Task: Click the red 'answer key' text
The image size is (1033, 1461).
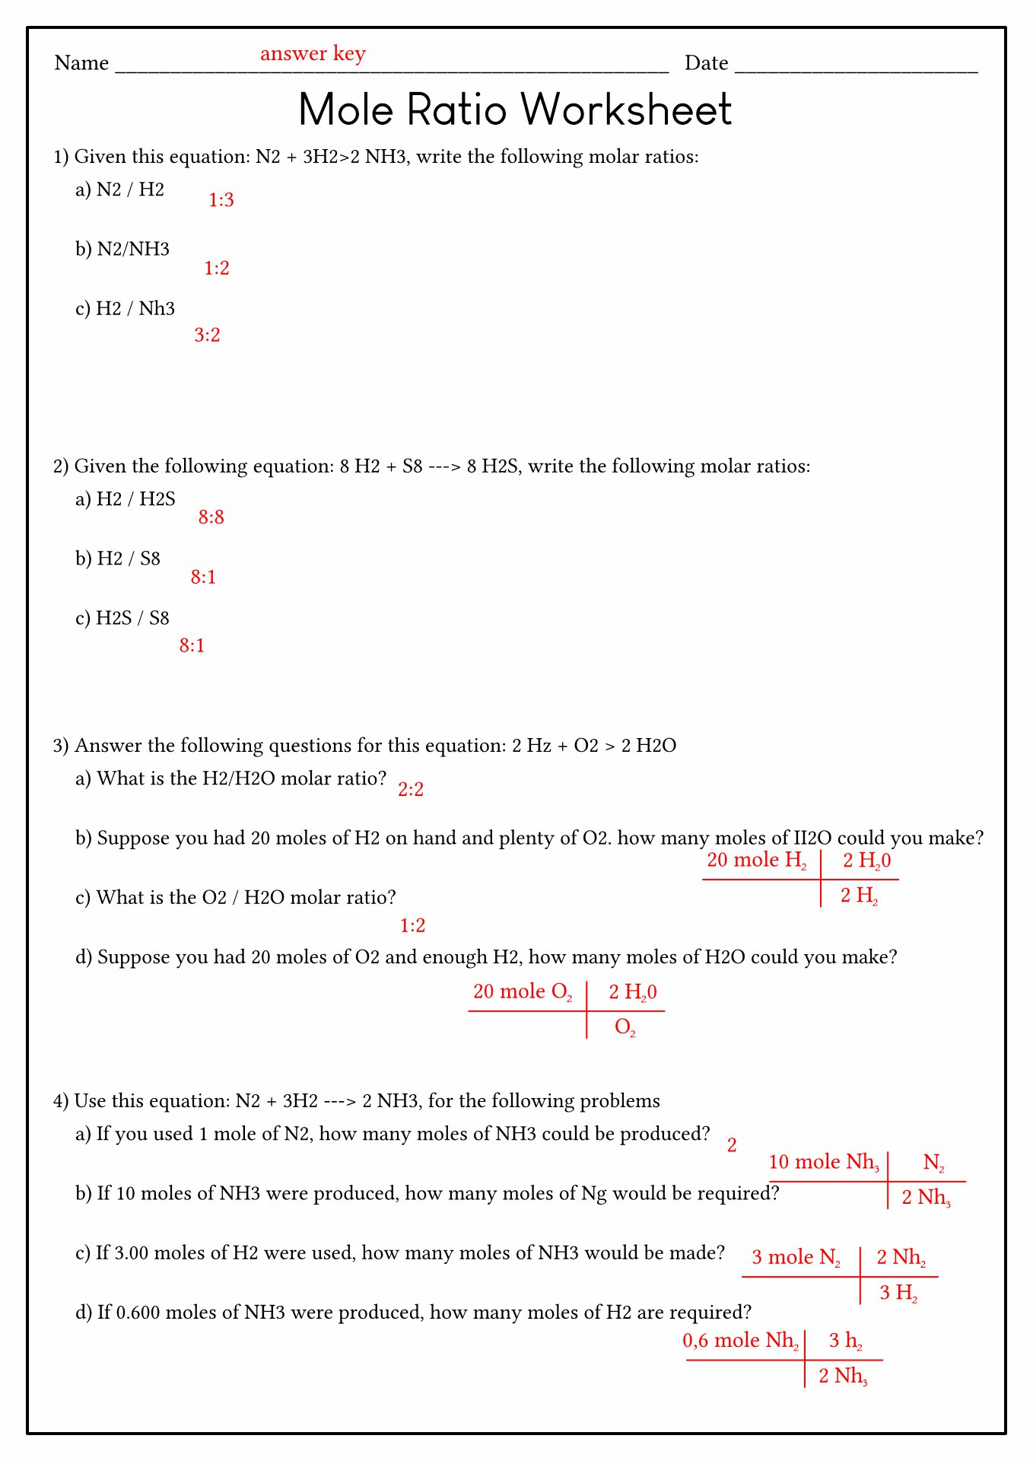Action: click(x=313, y=54)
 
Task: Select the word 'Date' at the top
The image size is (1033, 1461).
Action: click(x=706, y=63)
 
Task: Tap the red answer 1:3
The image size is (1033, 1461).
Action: click(x=221, y=200)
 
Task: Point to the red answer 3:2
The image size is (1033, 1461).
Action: click(x=207, y=336)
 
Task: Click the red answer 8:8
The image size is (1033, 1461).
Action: click(x=211, y=517)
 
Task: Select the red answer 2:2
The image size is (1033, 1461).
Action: click(x=411, y=790)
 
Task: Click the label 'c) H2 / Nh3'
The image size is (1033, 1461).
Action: click(x=125, y=309)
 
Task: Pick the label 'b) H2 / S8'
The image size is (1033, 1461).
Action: click(x=118, y=559)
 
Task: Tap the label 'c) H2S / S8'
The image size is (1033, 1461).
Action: click(x=122, y=619)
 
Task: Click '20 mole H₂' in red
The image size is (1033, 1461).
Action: click(x=757, y=861)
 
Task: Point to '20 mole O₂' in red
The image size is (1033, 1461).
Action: click(x=523, y=992)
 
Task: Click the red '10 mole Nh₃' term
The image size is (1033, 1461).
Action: click(x=824, y=1163)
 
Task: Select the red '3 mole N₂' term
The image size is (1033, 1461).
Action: click(x=796, y=1258)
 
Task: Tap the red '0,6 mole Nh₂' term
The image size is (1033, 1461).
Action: click(x=740, y=1341)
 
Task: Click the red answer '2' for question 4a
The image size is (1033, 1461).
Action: click(x=732, y=1146)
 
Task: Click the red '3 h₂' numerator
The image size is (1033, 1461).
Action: click(x=845, y=1341)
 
